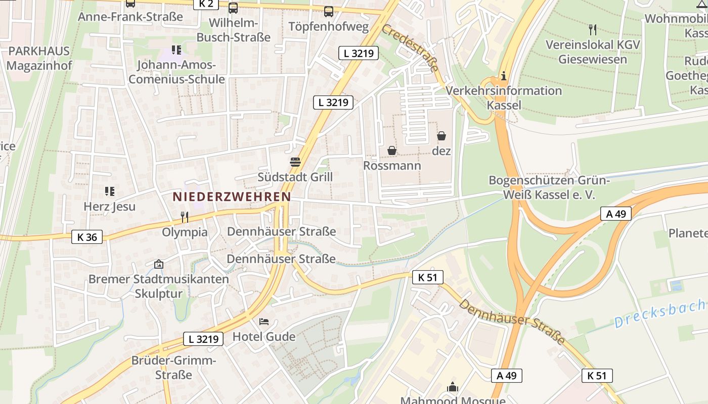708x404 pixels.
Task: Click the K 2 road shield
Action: point(206,4)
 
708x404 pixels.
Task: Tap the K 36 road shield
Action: point(87,236)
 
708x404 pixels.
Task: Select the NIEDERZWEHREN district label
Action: point(232,196)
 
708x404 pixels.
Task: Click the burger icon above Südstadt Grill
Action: point(295,162)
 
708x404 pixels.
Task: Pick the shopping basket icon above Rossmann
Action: point(392,150)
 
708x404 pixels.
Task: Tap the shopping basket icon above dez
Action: point(441,136)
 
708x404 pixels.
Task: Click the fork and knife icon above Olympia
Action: point(185,217)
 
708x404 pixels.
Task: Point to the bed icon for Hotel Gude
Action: point(264,321)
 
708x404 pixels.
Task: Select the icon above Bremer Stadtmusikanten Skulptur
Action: point(159,264)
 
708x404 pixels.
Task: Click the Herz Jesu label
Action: point(109,207)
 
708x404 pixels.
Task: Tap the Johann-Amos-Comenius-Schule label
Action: point(176,72)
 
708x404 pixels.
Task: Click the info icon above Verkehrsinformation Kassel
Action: point(503,76)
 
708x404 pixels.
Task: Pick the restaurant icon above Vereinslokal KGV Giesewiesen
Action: point(593,30)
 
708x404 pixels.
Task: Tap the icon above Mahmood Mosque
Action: point(452,387)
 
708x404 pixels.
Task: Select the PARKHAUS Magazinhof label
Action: point(39,59)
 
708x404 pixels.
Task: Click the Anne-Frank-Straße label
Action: point(130,17)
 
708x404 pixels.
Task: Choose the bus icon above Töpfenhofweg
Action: point(329,11)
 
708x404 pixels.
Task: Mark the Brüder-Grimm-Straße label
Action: point(173,368)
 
